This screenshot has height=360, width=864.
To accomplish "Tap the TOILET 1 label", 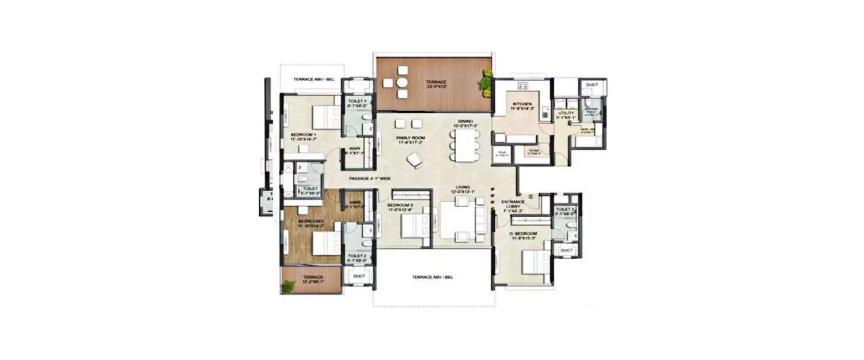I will [357, 103].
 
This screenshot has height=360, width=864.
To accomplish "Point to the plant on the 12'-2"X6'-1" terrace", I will [287, 285].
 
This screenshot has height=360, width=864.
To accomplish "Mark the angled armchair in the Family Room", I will [414, 161].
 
